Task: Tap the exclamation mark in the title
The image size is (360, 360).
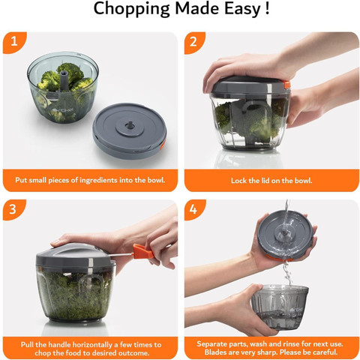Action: pos(267,7)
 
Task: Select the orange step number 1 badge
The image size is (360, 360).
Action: pos(14,43)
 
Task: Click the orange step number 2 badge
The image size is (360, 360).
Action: pos(194,43)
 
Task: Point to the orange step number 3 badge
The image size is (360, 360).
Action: pos(14,209)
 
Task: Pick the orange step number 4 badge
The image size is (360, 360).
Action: pos(194,209)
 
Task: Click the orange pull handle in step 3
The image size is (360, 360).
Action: pos(143,252)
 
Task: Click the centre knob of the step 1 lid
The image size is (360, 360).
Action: pos(130,124)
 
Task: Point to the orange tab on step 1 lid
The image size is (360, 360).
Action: pos(163,145)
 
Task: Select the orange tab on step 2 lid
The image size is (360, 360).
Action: pos(286,85)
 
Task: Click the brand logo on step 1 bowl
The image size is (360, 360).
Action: pos(63,109)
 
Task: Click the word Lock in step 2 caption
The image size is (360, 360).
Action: pos(238,181)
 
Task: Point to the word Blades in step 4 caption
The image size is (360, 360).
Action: pos(214,352)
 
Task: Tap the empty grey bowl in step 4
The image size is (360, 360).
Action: pos(280,307)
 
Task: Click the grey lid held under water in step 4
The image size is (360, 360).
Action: pos(285,235)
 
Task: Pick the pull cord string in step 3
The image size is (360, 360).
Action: pos(121,255)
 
